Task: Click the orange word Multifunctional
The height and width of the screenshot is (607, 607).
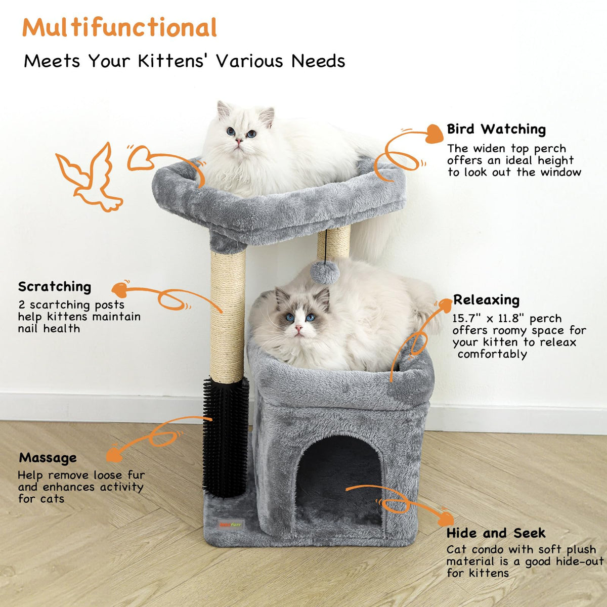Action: click(x=119, y=27)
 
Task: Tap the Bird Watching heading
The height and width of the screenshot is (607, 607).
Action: click(x=496, y=129)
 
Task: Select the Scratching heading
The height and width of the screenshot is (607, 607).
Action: click(x=55, y=287)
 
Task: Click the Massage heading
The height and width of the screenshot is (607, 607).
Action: click(x=48, y=458)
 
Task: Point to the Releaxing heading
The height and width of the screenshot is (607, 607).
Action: click(x=486, y=300)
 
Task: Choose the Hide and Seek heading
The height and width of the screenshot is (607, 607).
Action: click(x=496, y=533)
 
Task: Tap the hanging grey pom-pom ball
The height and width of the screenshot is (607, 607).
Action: click(x=325, y=273)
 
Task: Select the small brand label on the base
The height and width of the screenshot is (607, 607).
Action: click(x=231, y=525)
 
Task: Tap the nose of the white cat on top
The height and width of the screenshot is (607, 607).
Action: click(x=239, y=141)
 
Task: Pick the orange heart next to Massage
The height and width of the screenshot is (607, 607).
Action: click(x=114, y=455)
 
